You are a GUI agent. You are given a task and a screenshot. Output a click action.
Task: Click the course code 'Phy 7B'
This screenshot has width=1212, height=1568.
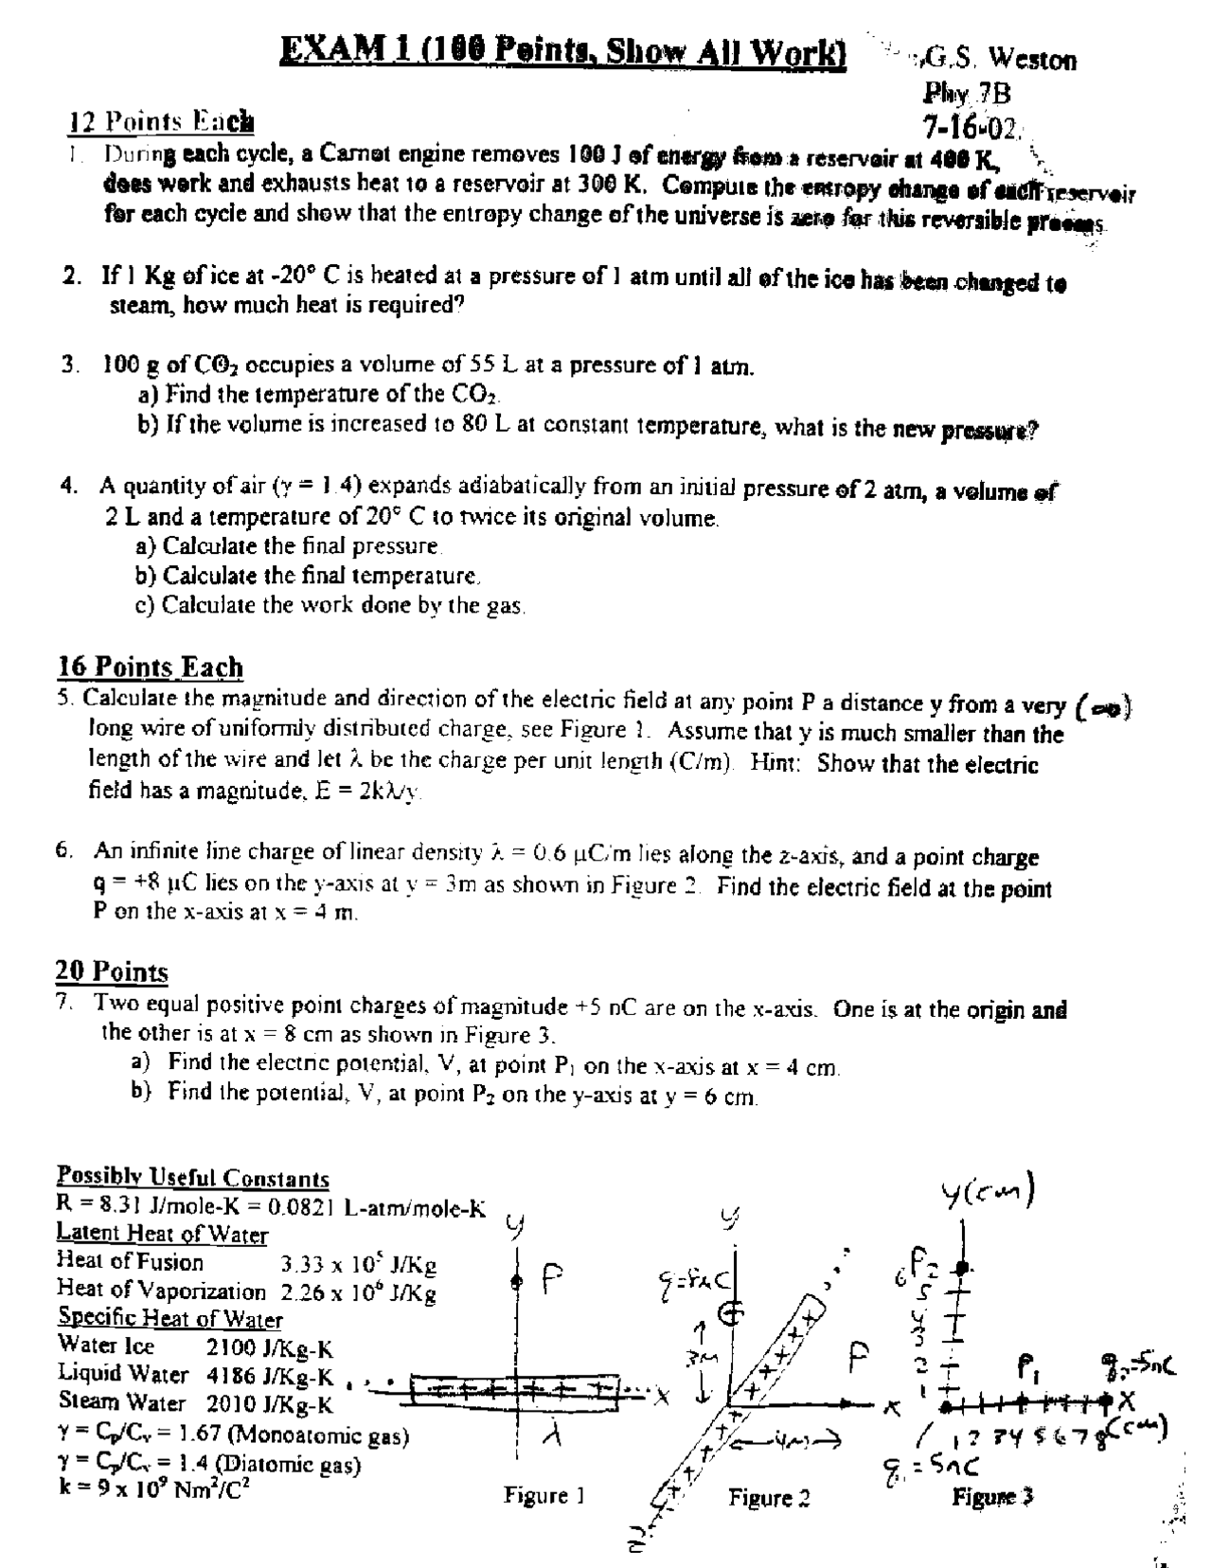tap(967, 93)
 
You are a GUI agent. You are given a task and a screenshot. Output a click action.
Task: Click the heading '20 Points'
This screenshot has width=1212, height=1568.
tap(112, 971)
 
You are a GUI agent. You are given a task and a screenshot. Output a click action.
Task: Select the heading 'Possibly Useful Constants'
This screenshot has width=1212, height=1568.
tap(193, 1178)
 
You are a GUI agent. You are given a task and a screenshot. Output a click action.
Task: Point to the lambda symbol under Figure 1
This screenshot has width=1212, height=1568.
tap(558, 1436)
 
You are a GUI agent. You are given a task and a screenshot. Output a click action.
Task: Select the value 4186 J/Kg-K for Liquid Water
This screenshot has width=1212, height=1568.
tap(270, 1374)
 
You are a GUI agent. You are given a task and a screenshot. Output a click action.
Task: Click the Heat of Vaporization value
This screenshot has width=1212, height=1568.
tap(358, 1292)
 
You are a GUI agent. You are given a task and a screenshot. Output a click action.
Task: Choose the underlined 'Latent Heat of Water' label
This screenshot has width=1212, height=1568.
tap(163, 1234)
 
